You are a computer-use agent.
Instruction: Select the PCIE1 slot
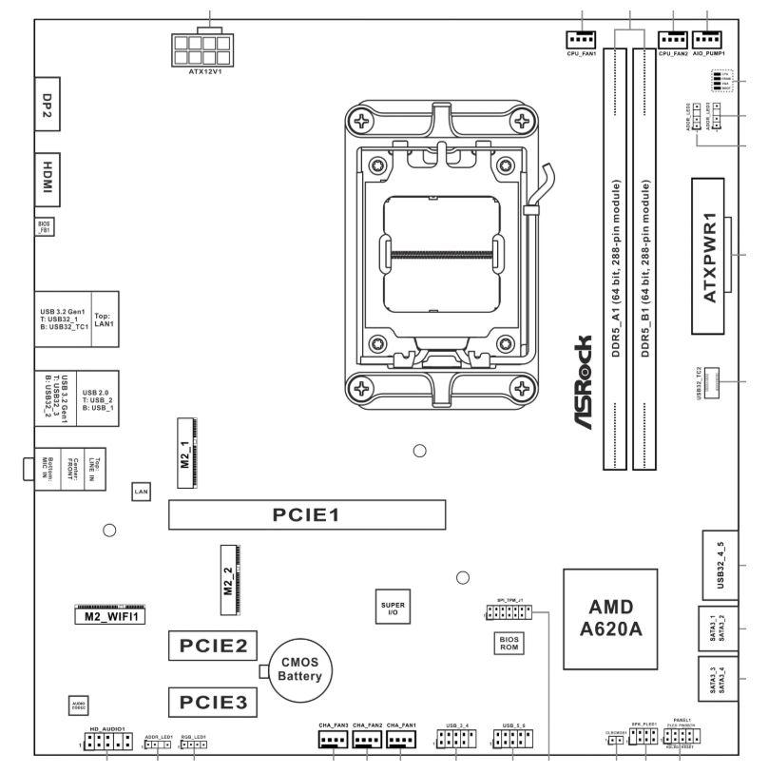(x=308, y=515)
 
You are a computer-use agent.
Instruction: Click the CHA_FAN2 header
(x=367, y=739)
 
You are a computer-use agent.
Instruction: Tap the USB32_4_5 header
(x=720, y=563)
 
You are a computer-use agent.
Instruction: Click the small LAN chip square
(x=140, y=492)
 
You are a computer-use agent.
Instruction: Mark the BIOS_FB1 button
(x=46, y=228)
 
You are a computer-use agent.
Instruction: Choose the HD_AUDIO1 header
(x=106, y=742)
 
